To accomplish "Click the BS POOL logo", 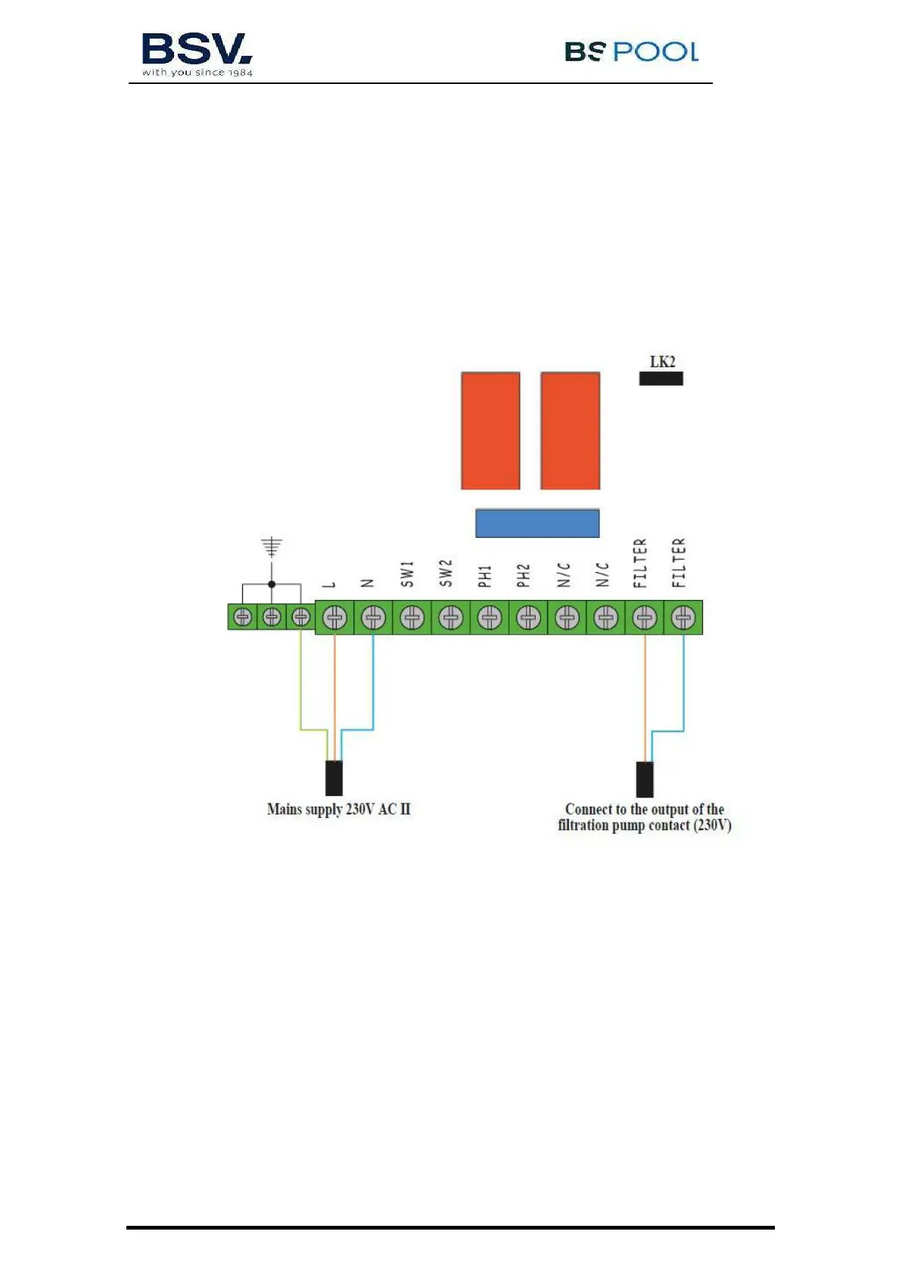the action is [x=631, y=51].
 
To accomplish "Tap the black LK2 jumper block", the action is [x=661, y=378].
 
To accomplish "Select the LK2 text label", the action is [x=662, y=362].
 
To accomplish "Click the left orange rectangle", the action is [x=490, y=431].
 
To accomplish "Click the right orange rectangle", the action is [x=570, y=431].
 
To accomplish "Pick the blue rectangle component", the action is [x=537, y=523].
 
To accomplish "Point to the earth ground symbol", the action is [x=272, y=546].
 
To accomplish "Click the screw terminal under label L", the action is [x=334, y=618].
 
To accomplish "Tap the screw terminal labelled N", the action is [x=373, y=618].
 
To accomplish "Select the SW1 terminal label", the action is [x=407, y=574].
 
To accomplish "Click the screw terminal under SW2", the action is [x=451, y=618].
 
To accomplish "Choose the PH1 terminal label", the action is [x=485, y=575].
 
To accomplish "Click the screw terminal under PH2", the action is [x=528, y=618].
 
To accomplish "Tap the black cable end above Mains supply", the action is [x=334, y=778].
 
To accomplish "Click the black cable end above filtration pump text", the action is [x=645, y=779].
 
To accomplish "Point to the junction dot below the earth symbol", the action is [x=272, y=584].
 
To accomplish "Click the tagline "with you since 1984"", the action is [x=198, y=73].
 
